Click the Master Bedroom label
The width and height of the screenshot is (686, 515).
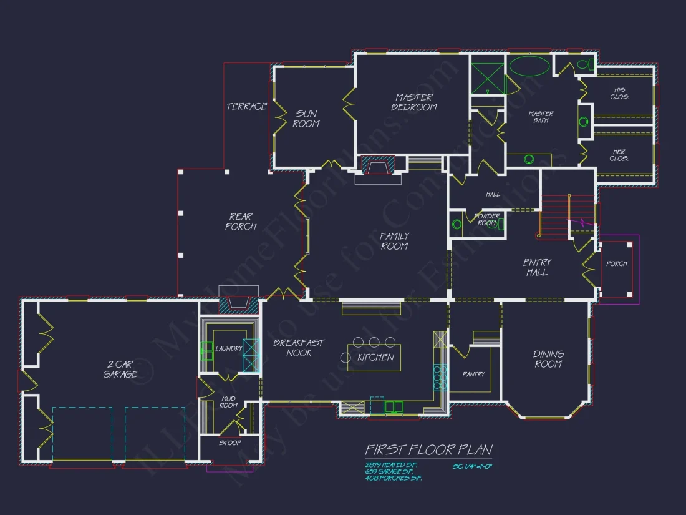(x=414, y=102)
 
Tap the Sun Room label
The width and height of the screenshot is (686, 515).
(x=306, y=119)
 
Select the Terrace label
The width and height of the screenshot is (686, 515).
(x=246, y=107)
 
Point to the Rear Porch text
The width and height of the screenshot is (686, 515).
(x=240, y=222)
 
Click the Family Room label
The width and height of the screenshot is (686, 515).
(x=394, y=241)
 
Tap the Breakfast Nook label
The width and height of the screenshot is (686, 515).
(x=299, y=348)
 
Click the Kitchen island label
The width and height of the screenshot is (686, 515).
(x=375, y=358)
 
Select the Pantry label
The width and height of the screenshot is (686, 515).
(x=474, y=375)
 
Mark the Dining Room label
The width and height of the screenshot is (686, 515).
(x=548, y=359)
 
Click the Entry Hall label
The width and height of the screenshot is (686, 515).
(x=536, y=267)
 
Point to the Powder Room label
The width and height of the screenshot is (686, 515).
(x=488, y=220)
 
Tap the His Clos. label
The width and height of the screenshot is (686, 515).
(x=619, y=93)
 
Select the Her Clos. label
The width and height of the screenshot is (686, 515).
(x=619, y=155)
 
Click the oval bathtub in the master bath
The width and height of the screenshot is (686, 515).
(x=530, y=66)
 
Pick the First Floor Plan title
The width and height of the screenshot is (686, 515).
(x=428, y=450)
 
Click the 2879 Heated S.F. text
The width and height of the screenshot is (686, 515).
(x=391, y=465)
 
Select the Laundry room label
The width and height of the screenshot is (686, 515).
(x=229, y=348)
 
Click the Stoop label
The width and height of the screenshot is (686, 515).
(x=229, y=443)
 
